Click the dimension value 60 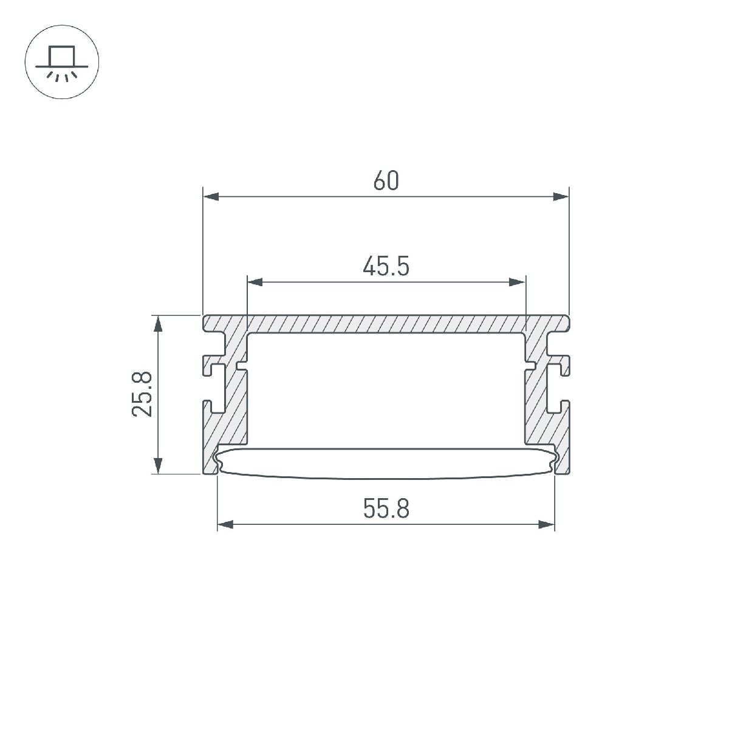[x=386, y=181]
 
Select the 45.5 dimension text [x=386, y=266]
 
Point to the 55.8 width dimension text [x=386, y=509]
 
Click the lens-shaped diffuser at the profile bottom [x=386, y=463]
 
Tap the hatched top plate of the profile [x=386, y=324]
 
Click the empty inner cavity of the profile [x=386, y=389]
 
